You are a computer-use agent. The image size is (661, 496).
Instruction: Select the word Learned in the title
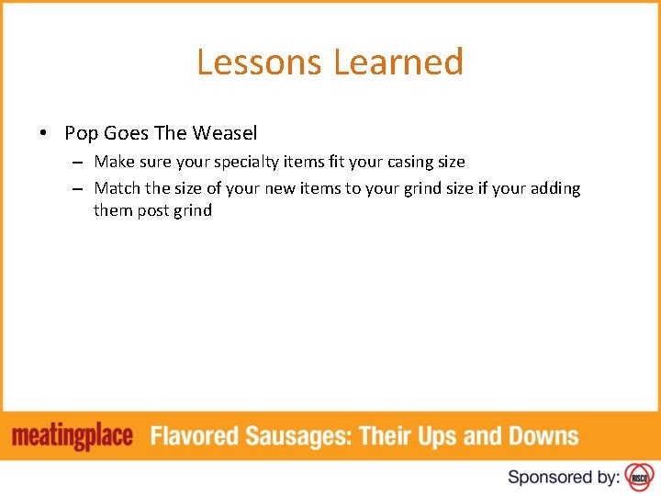(398, 62)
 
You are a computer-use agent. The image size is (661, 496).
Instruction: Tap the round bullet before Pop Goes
(43, 133)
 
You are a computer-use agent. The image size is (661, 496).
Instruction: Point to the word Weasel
(225, 133)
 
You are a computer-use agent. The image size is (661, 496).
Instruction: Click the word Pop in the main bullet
(81, 133)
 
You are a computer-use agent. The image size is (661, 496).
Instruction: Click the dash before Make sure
(80, 163)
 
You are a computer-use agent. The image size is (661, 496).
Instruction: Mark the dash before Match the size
(80, 189)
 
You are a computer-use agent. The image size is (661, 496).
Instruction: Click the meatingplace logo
(73, 436)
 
